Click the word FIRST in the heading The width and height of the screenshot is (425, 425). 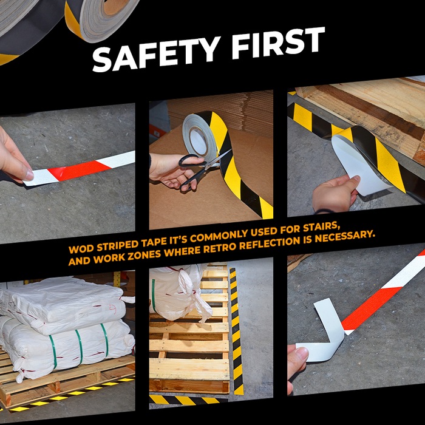tap(278, 43)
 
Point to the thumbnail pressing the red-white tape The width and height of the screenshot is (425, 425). tap(29, 175)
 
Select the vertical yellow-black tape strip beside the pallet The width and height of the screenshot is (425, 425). tap(236, 331)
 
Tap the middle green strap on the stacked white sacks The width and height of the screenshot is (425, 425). tap(79, 347)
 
